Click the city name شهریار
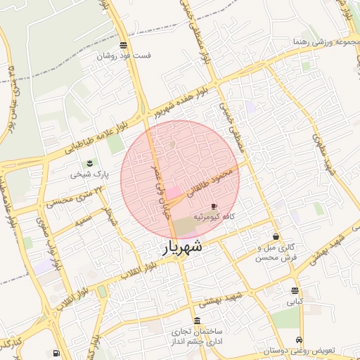coord(184,247)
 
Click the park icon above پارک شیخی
coord(89,163)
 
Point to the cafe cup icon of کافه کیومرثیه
coord(214,206)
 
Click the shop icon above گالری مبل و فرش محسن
coord(275,236)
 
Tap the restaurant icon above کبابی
coord(294,290)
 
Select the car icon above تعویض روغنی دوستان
coord(300,339)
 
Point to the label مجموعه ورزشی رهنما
coord(323,42)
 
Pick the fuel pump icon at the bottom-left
coord(56,353)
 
